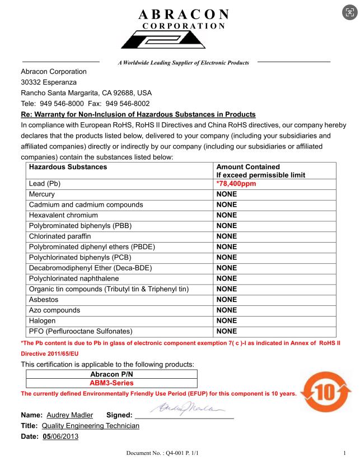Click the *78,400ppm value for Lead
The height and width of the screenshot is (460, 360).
(237, 184)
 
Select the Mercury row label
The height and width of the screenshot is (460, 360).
(43, 194)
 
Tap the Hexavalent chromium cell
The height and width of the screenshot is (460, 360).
(63, 215)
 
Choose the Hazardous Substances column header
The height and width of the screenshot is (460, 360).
(68, 167)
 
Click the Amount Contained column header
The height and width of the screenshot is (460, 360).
(248, 167)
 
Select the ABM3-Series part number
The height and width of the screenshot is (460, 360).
(113, 383)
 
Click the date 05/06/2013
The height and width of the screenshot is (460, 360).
(61, 437)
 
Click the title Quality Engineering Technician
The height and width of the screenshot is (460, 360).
(91, 426)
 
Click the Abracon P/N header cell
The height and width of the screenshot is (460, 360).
(113, 374)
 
